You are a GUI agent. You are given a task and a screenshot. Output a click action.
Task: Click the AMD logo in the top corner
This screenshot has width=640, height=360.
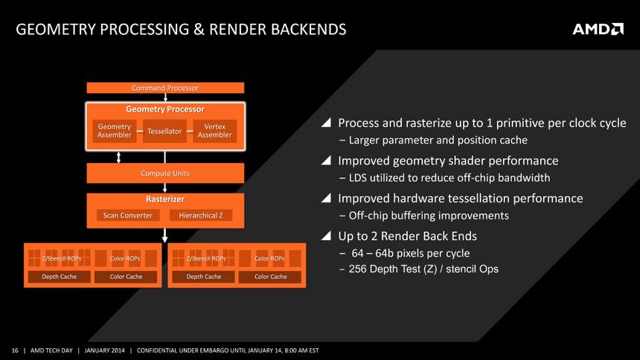pyautogui.click(x=598, y=29)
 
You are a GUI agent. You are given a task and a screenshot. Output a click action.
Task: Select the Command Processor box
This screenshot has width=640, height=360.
pyautogui.click(x=164, y=88)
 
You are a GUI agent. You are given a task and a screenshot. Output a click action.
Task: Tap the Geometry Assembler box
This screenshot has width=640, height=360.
pyautogui.click(x=114, y=131)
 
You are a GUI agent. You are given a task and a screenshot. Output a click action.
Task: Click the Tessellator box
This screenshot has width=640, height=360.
pyautogui.click(x=164, y=131)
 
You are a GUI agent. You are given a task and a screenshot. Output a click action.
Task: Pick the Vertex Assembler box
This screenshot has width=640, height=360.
pyautogui.click(x=214, y=131)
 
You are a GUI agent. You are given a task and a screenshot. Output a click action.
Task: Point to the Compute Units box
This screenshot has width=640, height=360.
pyautogui.click(x=164, y=173)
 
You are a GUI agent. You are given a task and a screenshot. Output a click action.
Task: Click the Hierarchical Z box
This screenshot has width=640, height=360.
pyautogui.click(x=200, y=216)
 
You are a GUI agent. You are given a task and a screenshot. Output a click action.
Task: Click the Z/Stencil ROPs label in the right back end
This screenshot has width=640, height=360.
pyautogui.click(x=205, y=258)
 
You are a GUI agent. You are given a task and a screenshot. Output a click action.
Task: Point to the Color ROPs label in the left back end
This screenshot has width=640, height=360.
pyautogui.click(x=125, y=258)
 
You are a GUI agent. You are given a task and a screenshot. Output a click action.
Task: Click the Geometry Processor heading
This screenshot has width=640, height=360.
pyautogui.click(x=164, y=109)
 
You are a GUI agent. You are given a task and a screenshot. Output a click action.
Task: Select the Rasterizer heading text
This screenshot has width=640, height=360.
pyautogui.click(x=164, y=199)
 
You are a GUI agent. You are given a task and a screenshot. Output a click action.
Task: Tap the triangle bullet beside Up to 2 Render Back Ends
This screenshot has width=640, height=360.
pyautogui.click(x=325, y=237)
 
